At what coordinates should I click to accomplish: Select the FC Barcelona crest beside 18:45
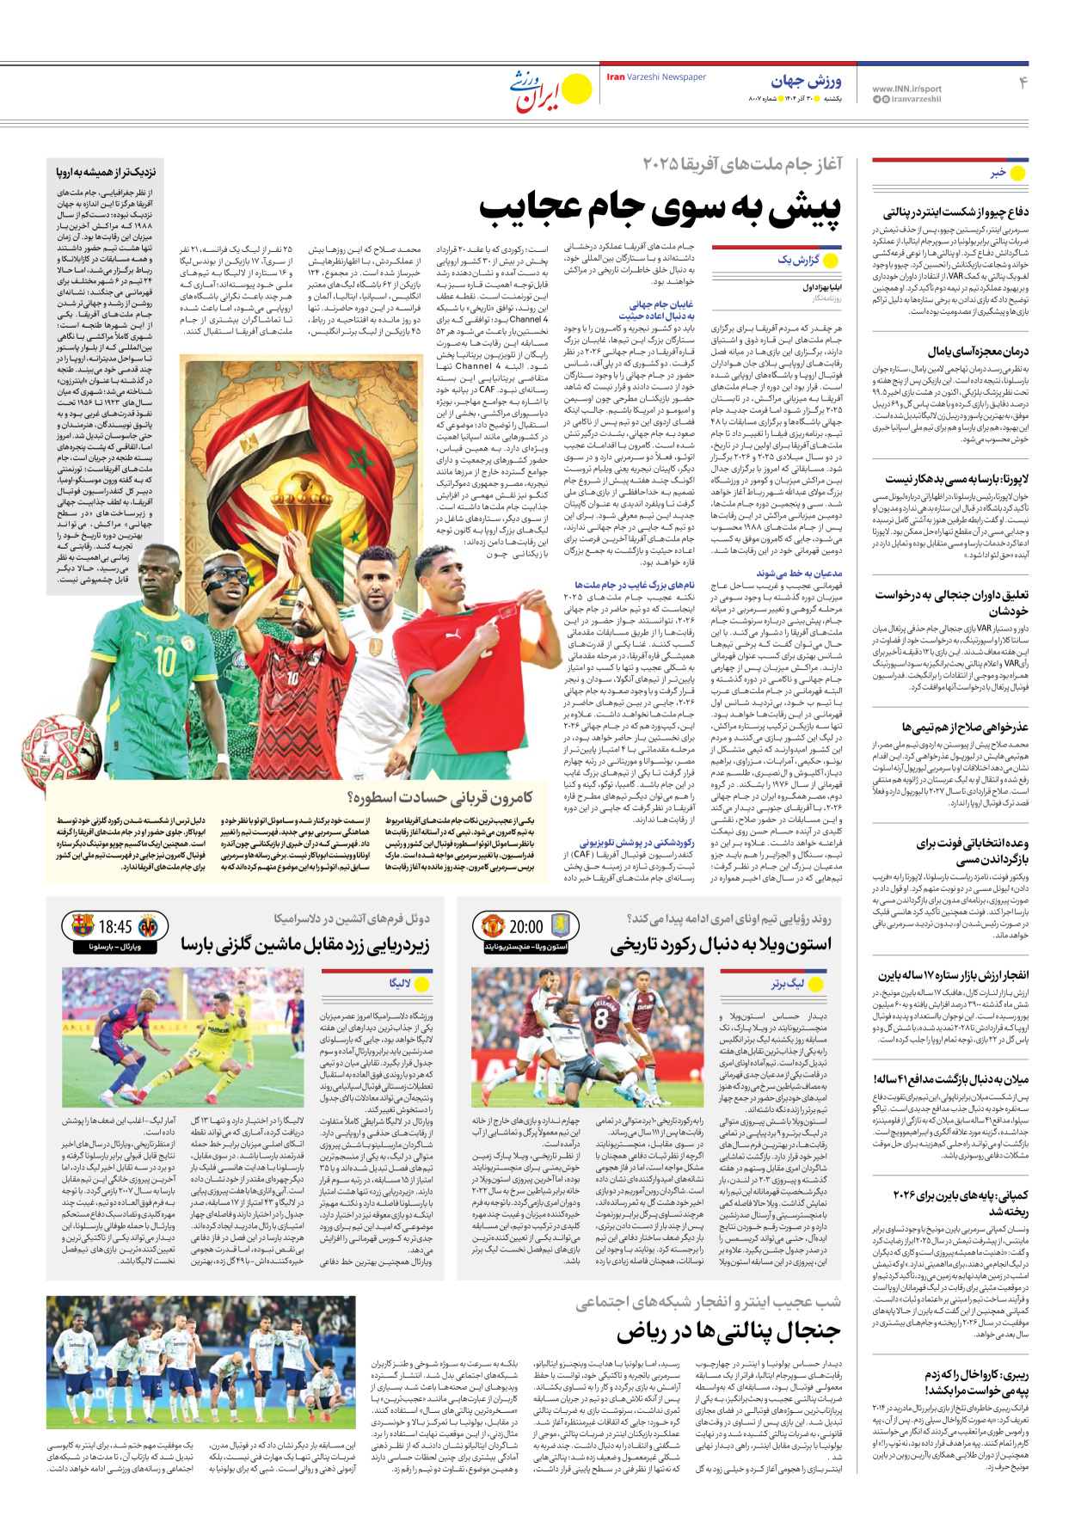(x=83, y=926)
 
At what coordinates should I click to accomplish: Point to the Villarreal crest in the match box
(x=148, y=926)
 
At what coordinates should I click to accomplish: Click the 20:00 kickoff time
(x=525, y=927)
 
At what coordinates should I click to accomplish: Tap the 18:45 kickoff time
(x=115, y=927)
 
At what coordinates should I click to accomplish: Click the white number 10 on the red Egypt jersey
(x=293, y=678)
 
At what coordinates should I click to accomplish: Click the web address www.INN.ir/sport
(x=906, y=89)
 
